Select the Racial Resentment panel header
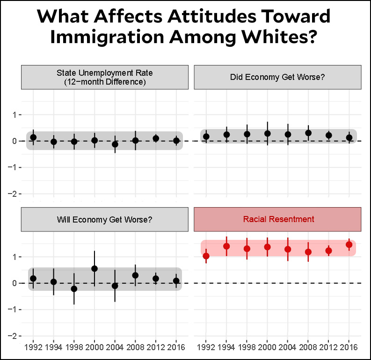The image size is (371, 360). point(278,219)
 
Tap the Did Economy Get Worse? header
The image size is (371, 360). point(277,77)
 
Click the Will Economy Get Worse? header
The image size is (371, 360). point(104,219)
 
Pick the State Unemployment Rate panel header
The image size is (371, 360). point(104,77)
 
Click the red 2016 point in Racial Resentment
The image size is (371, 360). point(349,245)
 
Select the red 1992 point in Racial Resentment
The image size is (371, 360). point(206,256)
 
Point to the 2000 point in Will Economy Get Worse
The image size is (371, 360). point(95,269)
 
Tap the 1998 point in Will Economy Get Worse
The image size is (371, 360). point(74,289)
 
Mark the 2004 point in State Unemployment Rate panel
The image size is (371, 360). point(115,144)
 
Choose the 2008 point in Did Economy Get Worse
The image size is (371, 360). point(308,133)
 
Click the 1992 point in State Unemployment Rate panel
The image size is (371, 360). point(33,137)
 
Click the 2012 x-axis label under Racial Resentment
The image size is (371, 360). point(328,347)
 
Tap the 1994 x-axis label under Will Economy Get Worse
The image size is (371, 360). point(53,347)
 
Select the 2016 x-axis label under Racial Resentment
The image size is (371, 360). point(349,347)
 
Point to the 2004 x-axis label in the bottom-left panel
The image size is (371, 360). point(115,347)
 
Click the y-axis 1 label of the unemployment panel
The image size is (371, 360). point(15,115)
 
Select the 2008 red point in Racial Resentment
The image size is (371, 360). point(308,252)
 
